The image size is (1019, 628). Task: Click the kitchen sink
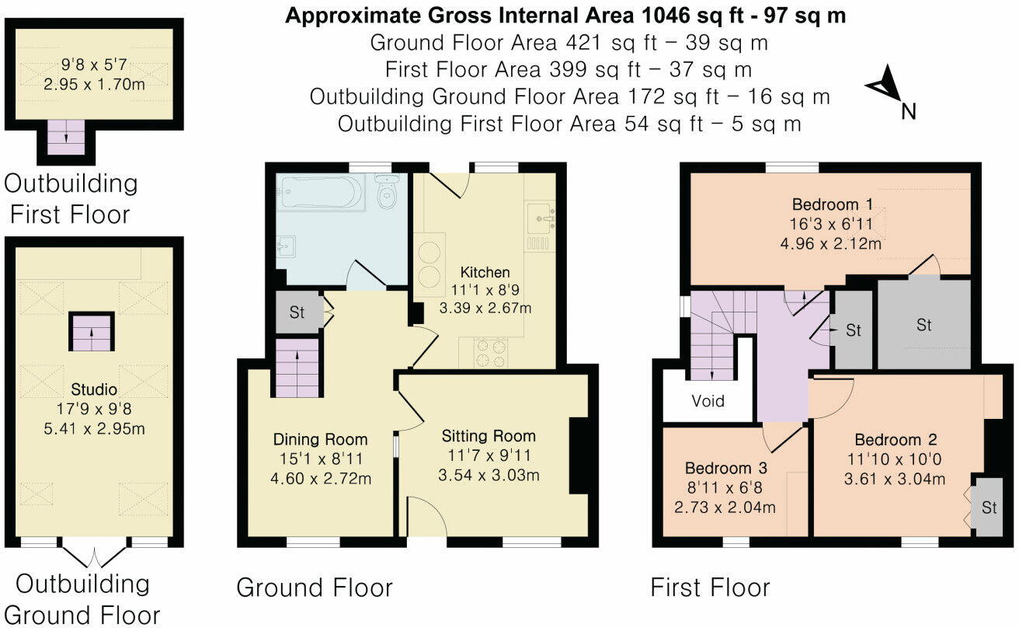coord(542,217)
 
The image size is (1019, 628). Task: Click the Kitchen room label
coord(485,272)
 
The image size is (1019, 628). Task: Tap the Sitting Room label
coord(489,435)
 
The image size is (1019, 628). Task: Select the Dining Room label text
coord(320,439)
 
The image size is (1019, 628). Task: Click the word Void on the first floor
coord(708,401)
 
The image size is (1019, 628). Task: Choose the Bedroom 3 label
coord(725,468)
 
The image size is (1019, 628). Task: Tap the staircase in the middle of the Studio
coord(92,333)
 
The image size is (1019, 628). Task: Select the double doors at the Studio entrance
coord(92,555)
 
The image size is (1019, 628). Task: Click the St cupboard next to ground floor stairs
coord(298,313)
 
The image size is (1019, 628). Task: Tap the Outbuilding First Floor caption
coord(71,199)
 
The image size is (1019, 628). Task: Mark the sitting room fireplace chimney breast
coord(579,455)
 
